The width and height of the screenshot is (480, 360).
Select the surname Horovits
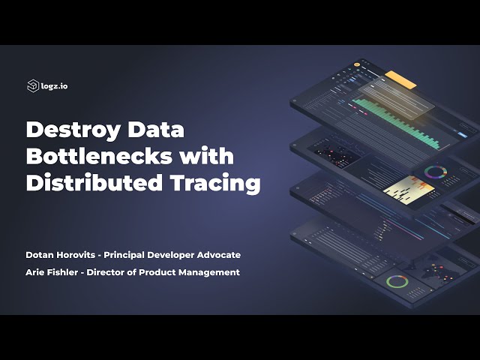(85, 255)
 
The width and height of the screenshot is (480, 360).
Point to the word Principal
(140, 255)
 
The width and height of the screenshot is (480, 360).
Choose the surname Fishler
(65, 272)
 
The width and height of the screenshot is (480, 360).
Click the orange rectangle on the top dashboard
(400, 79)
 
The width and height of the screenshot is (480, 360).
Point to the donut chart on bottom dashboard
(397, 282)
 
